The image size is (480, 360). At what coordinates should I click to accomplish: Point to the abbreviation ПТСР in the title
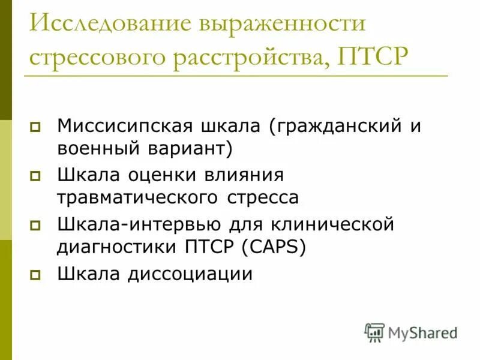pos(373,58)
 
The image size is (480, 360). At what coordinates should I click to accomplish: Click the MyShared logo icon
pos(374,332)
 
